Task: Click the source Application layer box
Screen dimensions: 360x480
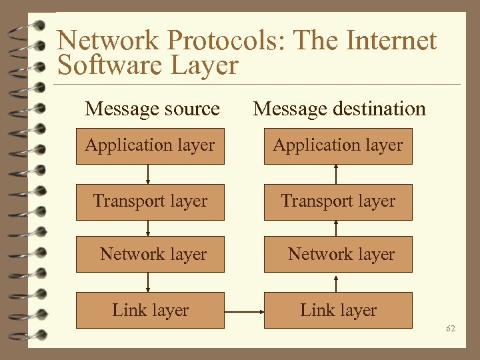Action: (150, 145)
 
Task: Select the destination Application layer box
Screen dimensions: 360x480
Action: (338, 145)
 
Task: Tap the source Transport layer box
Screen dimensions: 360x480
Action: (150, 201)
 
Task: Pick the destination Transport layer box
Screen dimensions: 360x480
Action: (338, 201)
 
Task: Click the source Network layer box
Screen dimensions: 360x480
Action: (150, 254)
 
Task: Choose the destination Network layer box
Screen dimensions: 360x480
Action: (338, 254)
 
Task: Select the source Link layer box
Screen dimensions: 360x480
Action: (150, 310)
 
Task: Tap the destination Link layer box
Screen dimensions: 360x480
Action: (338, 310)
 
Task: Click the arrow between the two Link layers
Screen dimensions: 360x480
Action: (244, 311)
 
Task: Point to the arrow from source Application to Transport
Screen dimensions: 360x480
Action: (148, 173)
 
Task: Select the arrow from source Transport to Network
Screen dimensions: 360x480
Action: (148, 228)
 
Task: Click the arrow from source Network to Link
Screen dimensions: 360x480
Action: (148, 282)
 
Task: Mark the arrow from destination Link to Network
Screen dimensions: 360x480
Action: (336, 282)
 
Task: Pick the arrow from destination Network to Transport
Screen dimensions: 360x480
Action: (336, 228)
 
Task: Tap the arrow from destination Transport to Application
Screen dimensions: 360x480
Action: (336, 173)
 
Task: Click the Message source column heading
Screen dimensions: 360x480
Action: (152, 108)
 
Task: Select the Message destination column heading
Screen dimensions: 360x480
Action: (339, 108)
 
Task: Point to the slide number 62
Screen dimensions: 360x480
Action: (451, 329)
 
